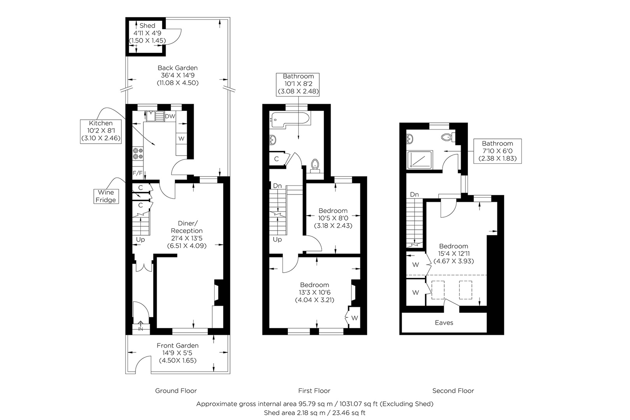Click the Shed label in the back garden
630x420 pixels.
(147, 26)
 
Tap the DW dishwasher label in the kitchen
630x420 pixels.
(170, 116)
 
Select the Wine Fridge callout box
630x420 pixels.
(106, 196)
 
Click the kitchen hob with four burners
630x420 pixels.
(138, 153)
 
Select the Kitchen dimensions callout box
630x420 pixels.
(101, 131)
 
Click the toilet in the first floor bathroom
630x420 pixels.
(315, 166)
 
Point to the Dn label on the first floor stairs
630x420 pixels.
(277, 186)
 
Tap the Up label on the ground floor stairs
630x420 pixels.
(140, 240)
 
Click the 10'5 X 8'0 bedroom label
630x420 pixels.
(333, 218)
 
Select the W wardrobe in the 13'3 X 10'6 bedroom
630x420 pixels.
(354, 318)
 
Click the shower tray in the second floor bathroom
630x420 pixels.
(420, 160)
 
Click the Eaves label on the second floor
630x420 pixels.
(444, 323)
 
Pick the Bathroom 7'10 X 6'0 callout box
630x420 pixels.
(497, 151)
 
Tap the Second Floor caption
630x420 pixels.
(453, 391)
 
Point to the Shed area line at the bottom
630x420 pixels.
(314, 413)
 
